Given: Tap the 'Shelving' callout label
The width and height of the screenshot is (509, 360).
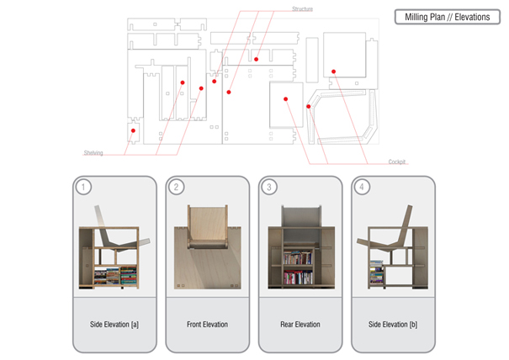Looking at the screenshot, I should click(x=93, y=153).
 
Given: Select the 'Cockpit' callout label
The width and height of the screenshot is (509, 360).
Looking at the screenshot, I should click(x=397, y=161).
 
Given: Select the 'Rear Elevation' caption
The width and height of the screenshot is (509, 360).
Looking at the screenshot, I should click(x=300, y=323).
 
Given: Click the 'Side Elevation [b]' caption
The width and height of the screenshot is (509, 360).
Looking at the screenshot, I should click(x=391, y=323).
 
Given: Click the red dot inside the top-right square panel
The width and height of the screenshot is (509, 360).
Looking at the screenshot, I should click(x=334, y=71).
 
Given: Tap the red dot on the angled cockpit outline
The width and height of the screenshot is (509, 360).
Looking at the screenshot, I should click(x=310, y=107).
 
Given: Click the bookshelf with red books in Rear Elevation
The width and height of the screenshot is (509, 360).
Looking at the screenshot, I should click(x=300, y=267).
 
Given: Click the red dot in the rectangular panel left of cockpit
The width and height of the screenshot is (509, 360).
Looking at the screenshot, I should click(x=286, y=99).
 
